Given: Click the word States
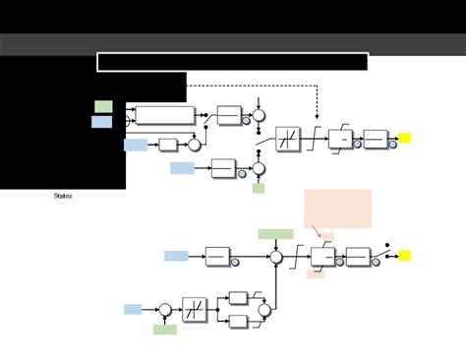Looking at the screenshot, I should (62, 196).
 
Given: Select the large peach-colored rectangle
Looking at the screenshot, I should (338, 209).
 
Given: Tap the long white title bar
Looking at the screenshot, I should (232, 62).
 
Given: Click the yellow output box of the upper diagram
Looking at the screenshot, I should (404, 139).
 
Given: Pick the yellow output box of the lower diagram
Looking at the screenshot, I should (404, 256).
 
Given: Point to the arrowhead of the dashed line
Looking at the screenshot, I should (317, 115).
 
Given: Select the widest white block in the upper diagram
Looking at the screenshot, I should (164, 115).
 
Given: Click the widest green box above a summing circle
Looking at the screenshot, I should (275, 234).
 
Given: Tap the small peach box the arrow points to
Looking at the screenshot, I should (327, 237).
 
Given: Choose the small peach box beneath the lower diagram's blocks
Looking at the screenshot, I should (316, 274).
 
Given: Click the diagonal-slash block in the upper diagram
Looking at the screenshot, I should (287, 139).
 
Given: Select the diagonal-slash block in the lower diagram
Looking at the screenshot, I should (194, 310).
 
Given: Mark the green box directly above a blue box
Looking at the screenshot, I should (103, 106).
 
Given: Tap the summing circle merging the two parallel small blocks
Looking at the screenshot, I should (263, 311).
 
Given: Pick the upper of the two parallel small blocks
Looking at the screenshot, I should (238, 298).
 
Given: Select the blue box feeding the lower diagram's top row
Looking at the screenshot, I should (176, 256).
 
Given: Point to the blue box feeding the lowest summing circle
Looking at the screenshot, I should (133, 309).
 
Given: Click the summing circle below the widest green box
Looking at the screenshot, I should (276, 257).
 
